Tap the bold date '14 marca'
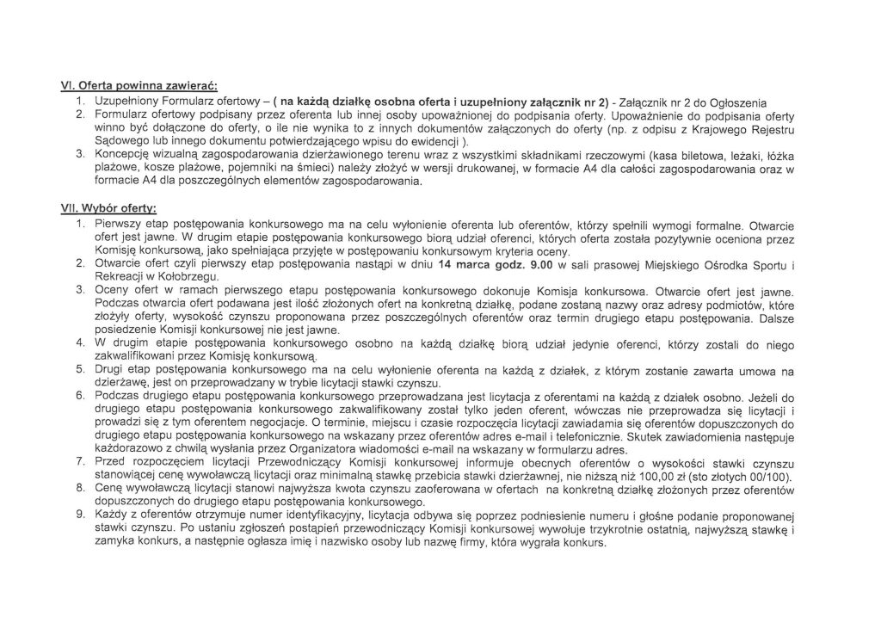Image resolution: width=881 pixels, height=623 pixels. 465,263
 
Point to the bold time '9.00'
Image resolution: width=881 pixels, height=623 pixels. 535,263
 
